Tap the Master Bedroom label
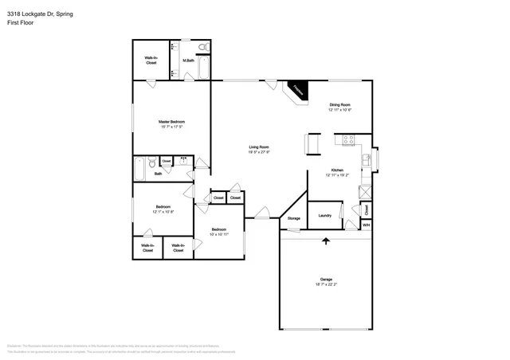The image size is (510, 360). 172,122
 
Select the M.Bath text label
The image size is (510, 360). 189,61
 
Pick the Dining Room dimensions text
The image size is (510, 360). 339,110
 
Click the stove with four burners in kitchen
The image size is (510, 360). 349,139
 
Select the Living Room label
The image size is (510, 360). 259,147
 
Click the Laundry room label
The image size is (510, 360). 325,215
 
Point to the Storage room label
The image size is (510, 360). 294,217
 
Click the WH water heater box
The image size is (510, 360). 366,225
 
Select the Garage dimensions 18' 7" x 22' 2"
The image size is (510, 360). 325,284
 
